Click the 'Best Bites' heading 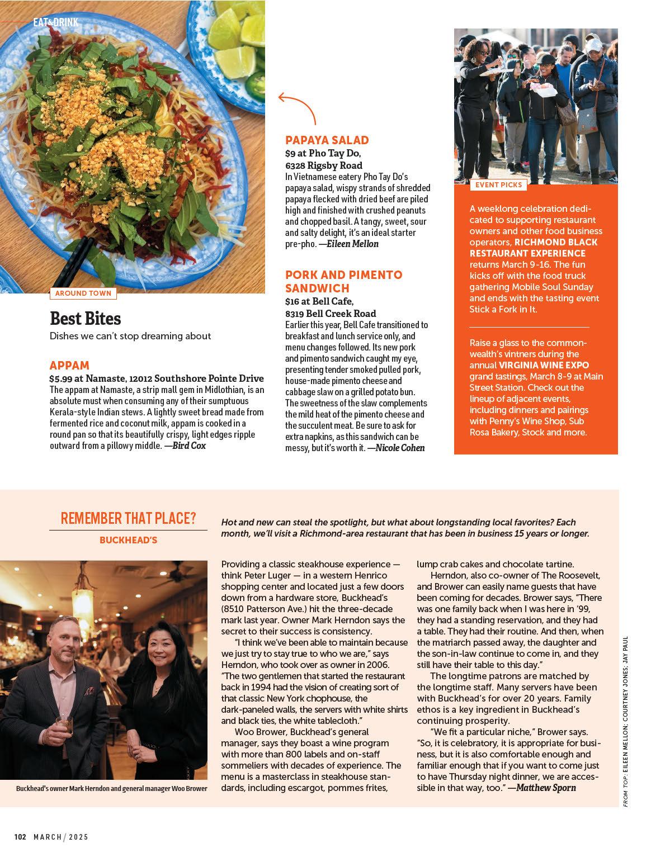tap(86, 318)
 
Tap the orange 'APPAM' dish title tap(69, 366)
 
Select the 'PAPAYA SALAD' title tap(327, 140)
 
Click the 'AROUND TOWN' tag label tap(83, 293)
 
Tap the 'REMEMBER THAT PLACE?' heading tap(128, 518)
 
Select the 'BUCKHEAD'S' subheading tap(128, 540)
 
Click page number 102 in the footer tap(20, 837)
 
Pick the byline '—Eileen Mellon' tap(349, 244)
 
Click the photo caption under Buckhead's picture tap(112, 789)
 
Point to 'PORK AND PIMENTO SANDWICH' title tap(343, 281)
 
